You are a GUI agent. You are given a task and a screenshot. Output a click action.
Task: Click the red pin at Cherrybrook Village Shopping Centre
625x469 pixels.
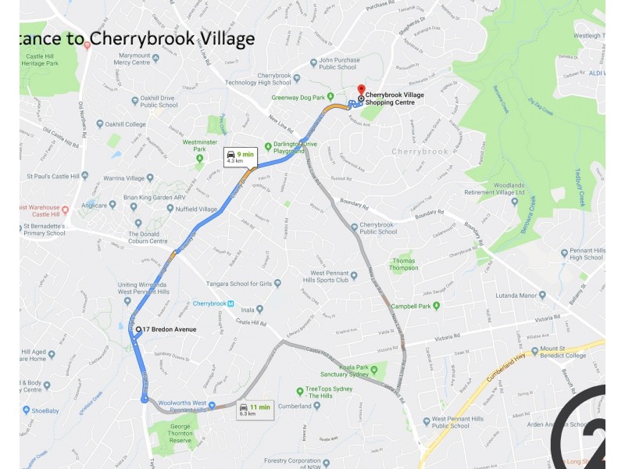click(360, 90)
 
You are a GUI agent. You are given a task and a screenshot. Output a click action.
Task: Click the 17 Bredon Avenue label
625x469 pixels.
click(168, 329)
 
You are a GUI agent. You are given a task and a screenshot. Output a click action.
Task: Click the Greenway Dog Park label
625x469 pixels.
click(297, 98)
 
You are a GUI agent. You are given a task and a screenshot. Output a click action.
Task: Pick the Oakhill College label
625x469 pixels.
click(127, 124)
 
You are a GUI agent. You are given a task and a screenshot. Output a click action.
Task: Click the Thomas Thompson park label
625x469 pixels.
click(404, 264)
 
